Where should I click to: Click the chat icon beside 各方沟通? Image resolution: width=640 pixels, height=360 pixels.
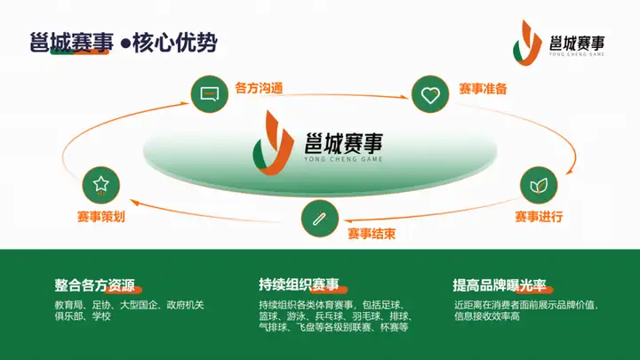[x=211, y=92]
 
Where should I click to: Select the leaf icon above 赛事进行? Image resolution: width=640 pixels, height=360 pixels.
[x=538, y=185]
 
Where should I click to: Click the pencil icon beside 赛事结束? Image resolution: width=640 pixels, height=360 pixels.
[x=319, y=216]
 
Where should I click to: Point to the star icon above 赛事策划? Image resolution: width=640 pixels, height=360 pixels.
[x=100, y=185]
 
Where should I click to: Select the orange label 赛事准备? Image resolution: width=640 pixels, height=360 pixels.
[x=483, y=89]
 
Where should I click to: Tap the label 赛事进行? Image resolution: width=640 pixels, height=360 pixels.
[x=539, y=217]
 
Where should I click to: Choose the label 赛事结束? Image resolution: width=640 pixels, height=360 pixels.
[x=372, y=234]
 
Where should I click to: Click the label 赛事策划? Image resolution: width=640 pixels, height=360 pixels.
[x=100, y=216]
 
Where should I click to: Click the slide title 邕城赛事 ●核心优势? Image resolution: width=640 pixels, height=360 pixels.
[x=123, y=43]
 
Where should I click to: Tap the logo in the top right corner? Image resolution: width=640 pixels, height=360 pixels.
[x=560, y=44]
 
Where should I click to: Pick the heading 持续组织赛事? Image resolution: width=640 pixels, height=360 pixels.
[x=299, y=285]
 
